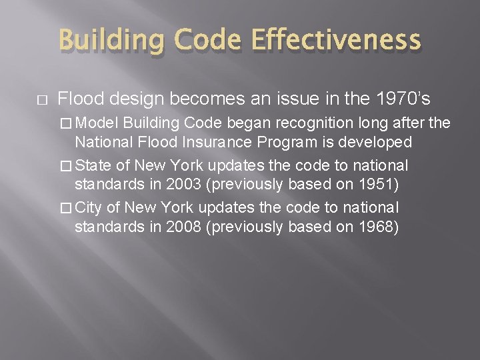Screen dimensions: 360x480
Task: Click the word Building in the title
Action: point(110,41)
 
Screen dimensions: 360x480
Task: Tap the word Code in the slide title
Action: point(203,41)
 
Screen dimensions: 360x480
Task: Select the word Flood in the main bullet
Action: point(77,99)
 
